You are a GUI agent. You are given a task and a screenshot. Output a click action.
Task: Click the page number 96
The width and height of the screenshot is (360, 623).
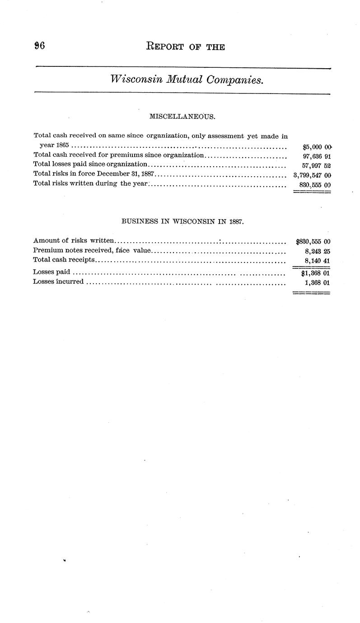tap(38, 46)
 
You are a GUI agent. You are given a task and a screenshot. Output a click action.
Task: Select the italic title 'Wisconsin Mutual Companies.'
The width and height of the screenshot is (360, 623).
tap(187, 80)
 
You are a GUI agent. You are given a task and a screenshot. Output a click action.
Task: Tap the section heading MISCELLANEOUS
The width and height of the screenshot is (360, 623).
tap(182, 117)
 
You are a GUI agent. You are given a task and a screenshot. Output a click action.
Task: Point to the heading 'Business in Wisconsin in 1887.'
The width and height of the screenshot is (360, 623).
tap(182, 222)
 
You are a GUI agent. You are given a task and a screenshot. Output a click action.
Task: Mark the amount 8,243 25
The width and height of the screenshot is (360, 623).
tap(318, 251)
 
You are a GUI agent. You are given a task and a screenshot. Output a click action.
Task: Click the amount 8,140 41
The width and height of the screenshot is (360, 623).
tap(318, 261)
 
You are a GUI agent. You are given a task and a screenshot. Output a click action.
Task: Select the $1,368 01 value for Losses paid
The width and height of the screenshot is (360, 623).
tap(315, 273)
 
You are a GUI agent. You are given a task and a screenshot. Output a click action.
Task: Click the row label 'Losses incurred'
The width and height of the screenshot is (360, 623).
tap(58, 281)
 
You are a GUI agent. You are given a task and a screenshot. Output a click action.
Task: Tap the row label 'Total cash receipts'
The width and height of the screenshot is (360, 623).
tap(64, 260)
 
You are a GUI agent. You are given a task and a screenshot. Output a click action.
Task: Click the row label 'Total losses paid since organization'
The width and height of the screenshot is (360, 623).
tap(90, 164)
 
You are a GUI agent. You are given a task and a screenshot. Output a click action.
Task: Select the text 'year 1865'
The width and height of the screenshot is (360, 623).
tap(52, 145)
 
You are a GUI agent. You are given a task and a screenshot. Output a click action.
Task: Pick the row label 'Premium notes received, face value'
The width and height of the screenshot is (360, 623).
tap(92, 250)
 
